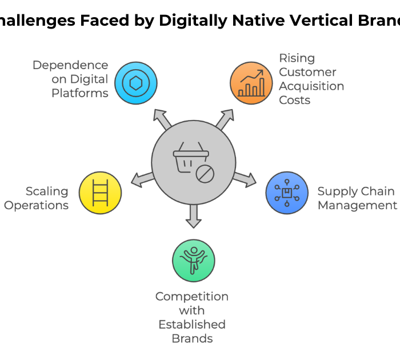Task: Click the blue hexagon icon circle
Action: [135, 83]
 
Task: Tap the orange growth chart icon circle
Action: [251, 83]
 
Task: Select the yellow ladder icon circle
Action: [100, 193]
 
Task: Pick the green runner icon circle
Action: [194, 261]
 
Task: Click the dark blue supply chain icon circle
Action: [287, 193]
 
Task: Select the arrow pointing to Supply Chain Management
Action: [246, 178]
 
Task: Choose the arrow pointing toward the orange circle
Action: [225, 118]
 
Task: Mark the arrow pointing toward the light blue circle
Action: [163, 118]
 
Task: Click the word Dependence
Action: [70, 65]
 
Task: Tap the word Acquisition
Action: [311, 86]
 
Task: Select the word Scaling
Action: [47, 191]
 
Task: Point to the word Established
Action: [192, 325]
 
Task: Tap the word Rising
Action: [297, 58]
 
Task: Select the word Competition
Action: [192, 297]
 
